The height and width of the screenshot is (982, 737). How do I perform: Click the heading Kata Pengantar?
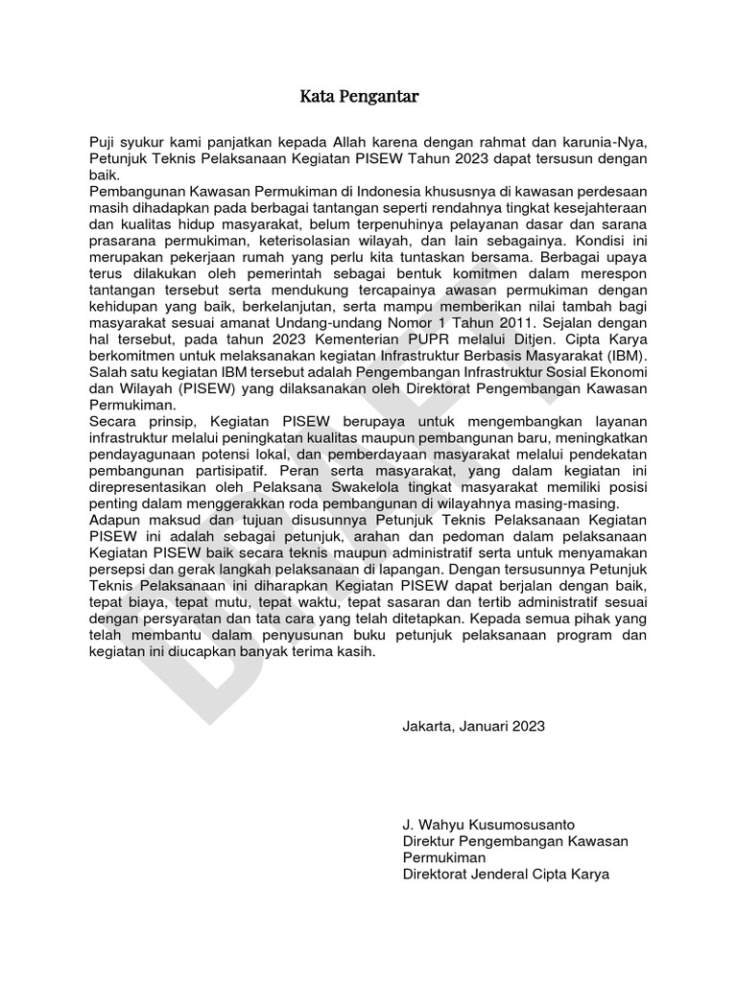359,97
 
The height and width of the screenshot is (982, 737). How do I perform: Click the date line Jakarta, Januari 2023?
473,726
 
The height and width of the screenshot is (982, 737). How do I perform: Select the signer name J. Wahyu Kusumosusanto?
488,825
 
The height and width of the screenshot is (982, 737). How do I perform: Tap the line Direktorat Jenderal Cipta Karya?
506,874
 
